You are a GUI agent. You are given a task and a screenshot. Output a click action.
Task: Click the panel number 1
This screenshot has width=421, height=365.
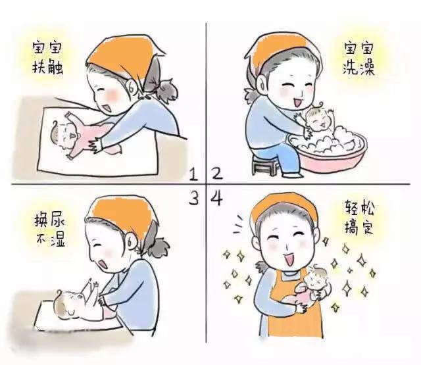click(194, 174)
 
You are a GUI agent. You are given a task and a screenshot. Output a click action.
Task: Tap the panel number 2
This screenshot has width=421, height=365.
click(217, 174)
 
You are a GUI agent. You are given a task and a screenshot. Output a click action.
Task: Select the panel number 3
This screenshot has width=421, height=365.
click(194, 199)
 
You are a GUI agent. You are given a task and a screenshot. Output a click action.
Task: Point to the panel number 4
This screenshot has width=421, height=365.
click(216, 199)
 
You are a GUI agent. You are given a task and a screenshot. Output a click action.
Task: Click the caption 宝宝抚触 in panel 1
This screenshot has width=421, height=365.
click(47, 57)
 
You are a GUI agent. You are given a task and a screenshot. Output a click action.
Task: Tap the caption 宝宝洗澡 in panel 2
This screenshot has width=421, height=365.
click(359, 58)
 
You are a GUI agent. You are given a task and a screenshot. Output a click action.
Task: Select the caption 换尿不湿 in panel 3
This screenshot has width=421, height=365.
click(50, 230)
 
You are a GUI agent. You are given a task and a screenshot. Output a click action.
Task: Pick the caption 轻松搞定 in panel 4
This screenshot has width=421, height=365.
click(359, 218)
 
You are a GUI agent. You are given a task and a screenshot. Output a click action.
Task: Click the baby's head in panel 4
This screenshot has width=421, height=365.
click(316, 279)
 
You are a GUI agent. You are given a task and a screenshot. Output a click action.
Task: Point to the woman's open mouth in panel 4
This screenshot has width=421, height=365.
click(289, 259)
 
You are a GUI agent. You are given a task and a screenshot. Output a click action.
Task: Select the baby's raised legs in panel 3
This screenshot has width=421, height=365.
click(89, 287)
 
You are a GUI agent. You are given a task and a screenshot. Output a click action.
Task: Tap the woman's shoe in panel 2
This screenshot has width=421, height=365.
click(293, 175)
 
